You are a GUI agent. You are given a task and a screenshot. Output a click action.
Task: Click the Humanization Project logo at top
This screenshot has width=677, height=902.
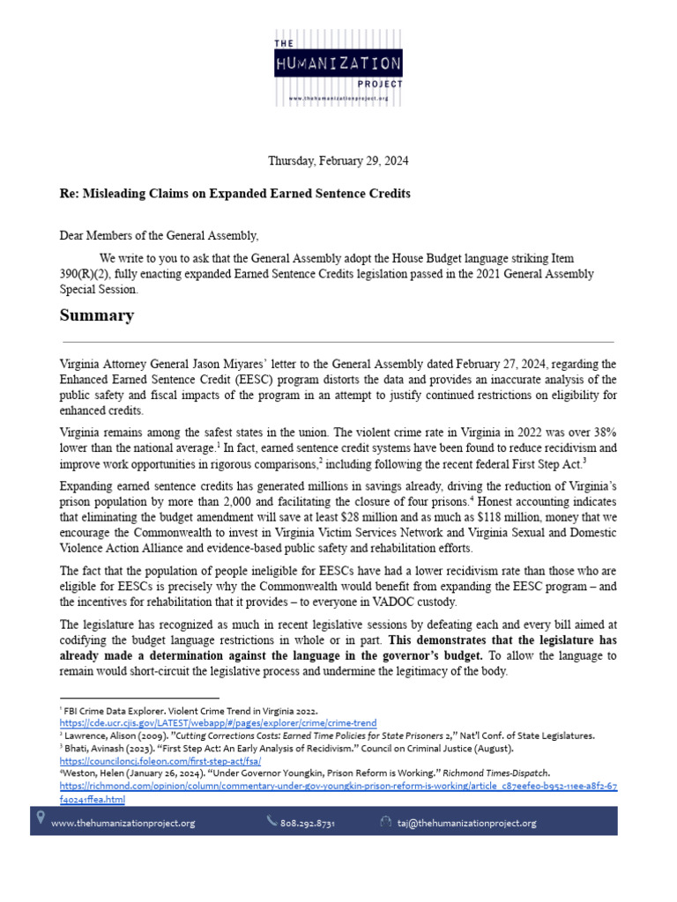click(338, 69)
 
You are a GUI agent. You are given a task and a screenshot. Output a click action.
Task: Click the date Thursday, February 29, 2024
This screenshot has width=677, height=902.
click(338, 161)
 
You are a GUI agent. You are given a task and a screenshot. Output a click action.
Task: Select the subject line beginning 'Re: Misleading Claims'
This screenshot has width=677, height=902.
click(234, 193)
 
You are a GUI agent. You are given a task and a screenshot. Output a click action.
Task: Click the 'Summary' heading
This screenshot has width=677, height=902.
click(97, 315)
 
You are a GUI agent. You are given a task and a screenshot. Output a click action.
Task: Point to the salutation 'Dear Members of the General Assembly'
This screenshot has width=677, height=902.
click(160, 234)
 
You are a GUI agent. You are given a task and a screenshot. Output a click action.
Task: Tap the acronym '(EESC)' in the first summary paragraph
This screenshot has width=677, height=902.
click(247, 378)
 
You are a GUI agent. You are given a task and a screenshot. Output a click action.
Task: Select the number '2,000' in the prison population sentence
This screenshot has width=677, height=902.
click(195, 501)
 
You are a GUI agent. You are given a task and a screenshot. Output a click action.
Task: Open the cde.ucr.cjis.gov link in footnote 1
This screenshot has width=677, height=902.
click(218, 721)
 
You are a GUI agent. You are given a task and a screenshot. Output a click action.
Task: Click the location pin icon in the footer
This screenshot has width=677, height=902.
click(40, 819)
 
